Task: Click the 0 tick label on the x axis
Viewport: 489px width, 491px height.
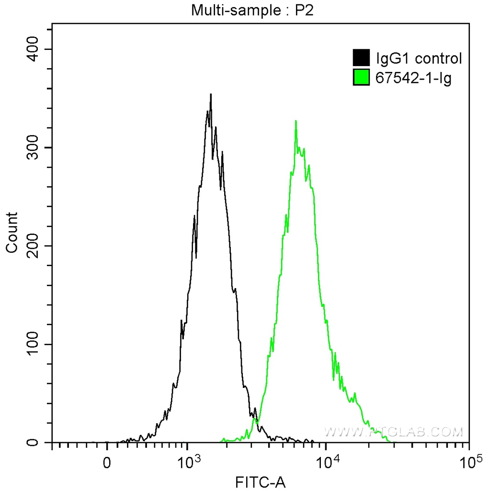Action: point(107,462)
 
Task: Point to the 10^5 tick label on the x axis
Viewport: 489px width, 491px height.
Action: point(469,461)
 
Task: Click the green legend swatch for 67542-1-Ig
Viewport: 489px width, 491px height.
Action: point(361,77)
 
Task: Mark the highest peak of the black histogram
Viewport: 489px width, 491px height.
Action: point(210,94)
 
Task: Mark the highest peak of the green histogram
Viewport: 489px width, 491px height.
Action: point(296,121)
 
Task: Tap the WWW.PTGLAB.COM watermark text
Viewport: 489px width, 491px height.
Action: point(394,432)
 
